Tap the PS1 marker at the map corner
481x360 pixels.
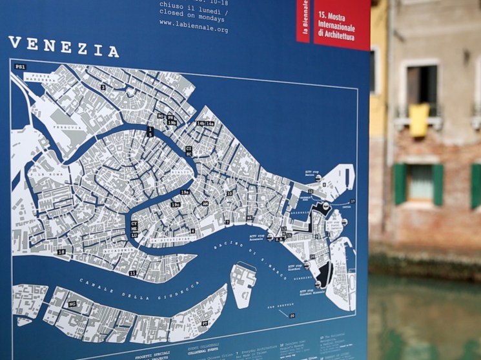(20, 67)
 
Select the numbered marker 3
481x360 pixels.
(103, 86)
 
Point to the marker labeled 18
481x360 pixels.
(61, 252)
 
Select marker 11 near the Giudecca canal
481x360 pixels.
(132, 273)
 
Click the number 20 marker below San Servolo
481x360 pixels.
(292, 315)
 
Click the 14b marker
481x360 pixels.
(200, 123)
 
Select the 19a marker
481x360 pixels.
(185, 192)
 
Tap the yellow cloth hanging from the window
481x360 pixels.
(418, 120)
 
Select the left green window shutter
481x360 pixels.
(400, 184)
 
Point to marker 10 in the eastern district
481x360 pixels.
(229, 193)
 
